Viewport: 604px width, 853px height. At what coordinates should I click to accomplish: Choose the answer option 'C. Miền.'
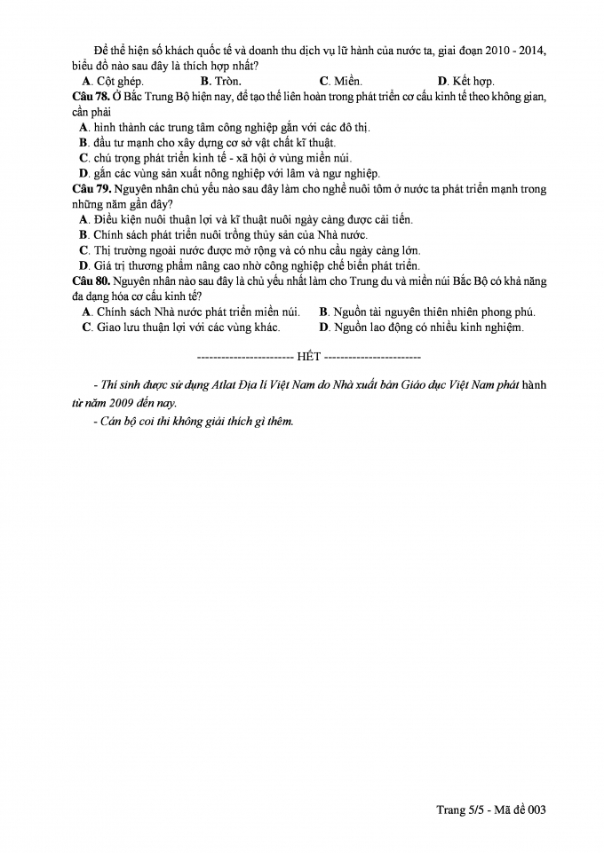pos(340,82)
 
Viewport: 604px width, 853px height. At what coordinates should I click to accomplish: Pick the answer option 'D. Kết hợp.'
pos(465,82)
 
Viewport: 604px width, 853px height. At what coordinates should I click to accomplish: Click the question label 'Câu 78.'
pos(91,96)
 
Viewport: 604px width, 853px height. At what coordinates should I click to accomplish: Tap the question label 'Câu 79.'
pos(91,189)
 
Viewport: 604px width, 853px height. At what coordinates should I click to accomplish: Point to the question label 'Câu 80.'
pos(91,280)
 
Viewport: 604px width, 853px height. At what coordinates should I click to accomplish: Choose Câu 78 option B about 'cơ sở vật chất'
pos(207,142)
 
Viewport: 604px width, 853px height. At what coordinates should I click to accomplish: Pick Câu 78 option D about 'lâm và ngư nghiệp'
pos(229,173)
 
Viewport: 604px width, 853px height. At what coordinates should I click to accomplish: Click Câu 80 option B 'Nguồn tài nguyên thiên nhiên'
pos(427,312)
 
